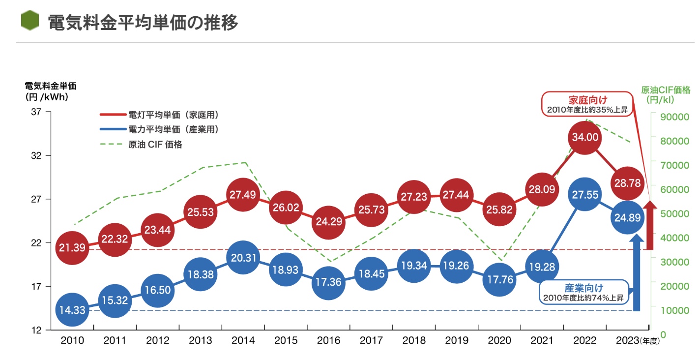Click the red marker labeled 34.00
pos(584,137)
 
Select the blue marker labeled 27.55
pos(584,194)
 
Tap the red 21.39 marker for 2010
pos(72,247)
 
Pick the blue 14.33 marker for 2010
pos(72,310)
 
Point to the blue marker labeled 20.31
pos(242,257)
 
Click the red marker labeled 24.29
pos(328,221)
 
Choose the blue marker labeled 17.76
pos(499,280)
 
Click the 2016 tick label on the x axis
pos(328,340)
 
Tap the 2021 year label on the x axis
pos(542,340)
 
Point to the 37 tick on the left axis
pos(36,112)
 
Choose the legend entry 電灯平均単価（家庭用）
pos(159,115)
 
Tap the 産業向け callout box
pos(584,292)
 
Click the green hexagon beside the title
pos(30,21)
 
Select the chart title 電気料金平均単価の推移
pos(143,22)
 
